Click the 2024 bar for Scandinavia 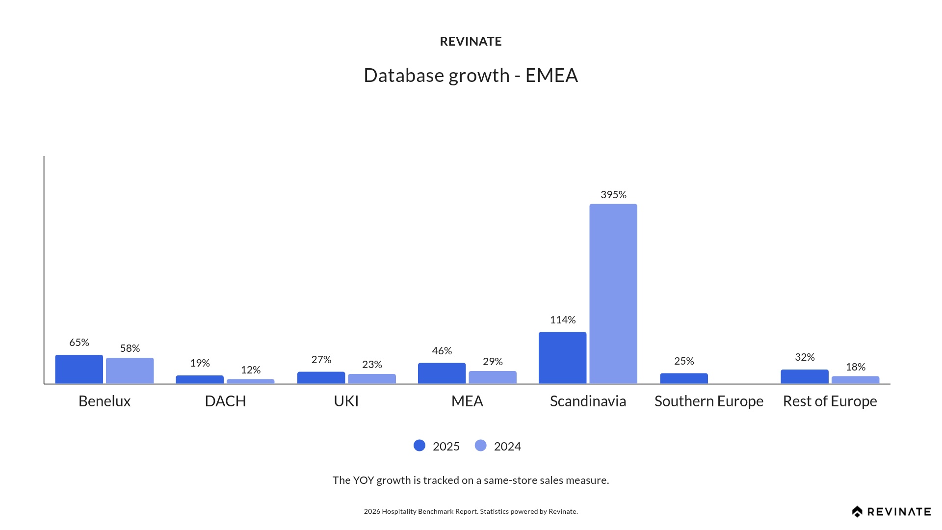click(613, 293)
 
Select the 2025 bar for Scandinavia click(562, 358)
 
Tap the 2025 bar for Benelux click(79, 369)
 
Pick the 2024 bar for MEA click(493, 377)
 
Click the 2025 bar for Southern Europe click(683, 378)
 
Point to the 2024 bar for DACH click(250, 381)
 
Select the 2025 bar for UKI click(321, 378)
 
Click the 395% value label click(613, 195)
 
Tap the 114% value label click(562, 320)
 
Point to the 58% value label click(130, 348)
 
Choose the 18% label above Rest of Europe click(855, 367)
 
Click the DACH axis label click(225, 401)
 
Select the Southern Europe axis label click(708, 401)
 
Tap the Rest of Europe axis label click(830, 401)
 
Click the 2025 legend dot click(419, 446)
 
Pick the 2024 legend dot click(481, 446)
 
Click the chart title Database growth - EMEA click(471, 76)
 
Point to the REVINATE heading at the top click(471, 42)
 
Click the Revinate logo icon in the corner click(857, 512)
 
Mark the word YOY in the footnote click(364, 480)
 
